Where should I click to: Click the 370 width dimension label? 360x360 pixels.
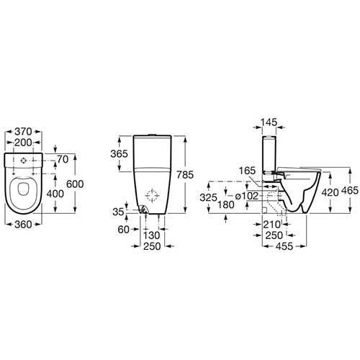pos(23,132)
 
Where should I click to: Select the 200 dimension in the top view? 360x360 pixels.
pos(23,143)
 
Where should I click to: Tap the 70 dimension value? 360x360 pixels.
pos(63,159)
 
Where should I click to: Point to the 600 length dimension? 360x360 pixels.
pos(75,184)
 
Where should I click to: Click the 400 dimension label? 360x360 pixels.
pos(55,194)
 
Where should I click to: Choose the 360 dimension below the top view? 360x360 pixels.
pos(23,225)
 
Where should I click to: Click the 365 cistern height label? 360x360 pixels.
pos(120,154)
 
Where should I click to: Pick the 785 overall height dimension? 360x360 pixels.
pos(185,175)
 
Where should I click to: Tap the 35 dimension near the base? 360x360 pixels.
pos(118,212)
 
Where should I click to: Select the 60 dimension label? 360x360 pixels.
pos(124,230)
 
